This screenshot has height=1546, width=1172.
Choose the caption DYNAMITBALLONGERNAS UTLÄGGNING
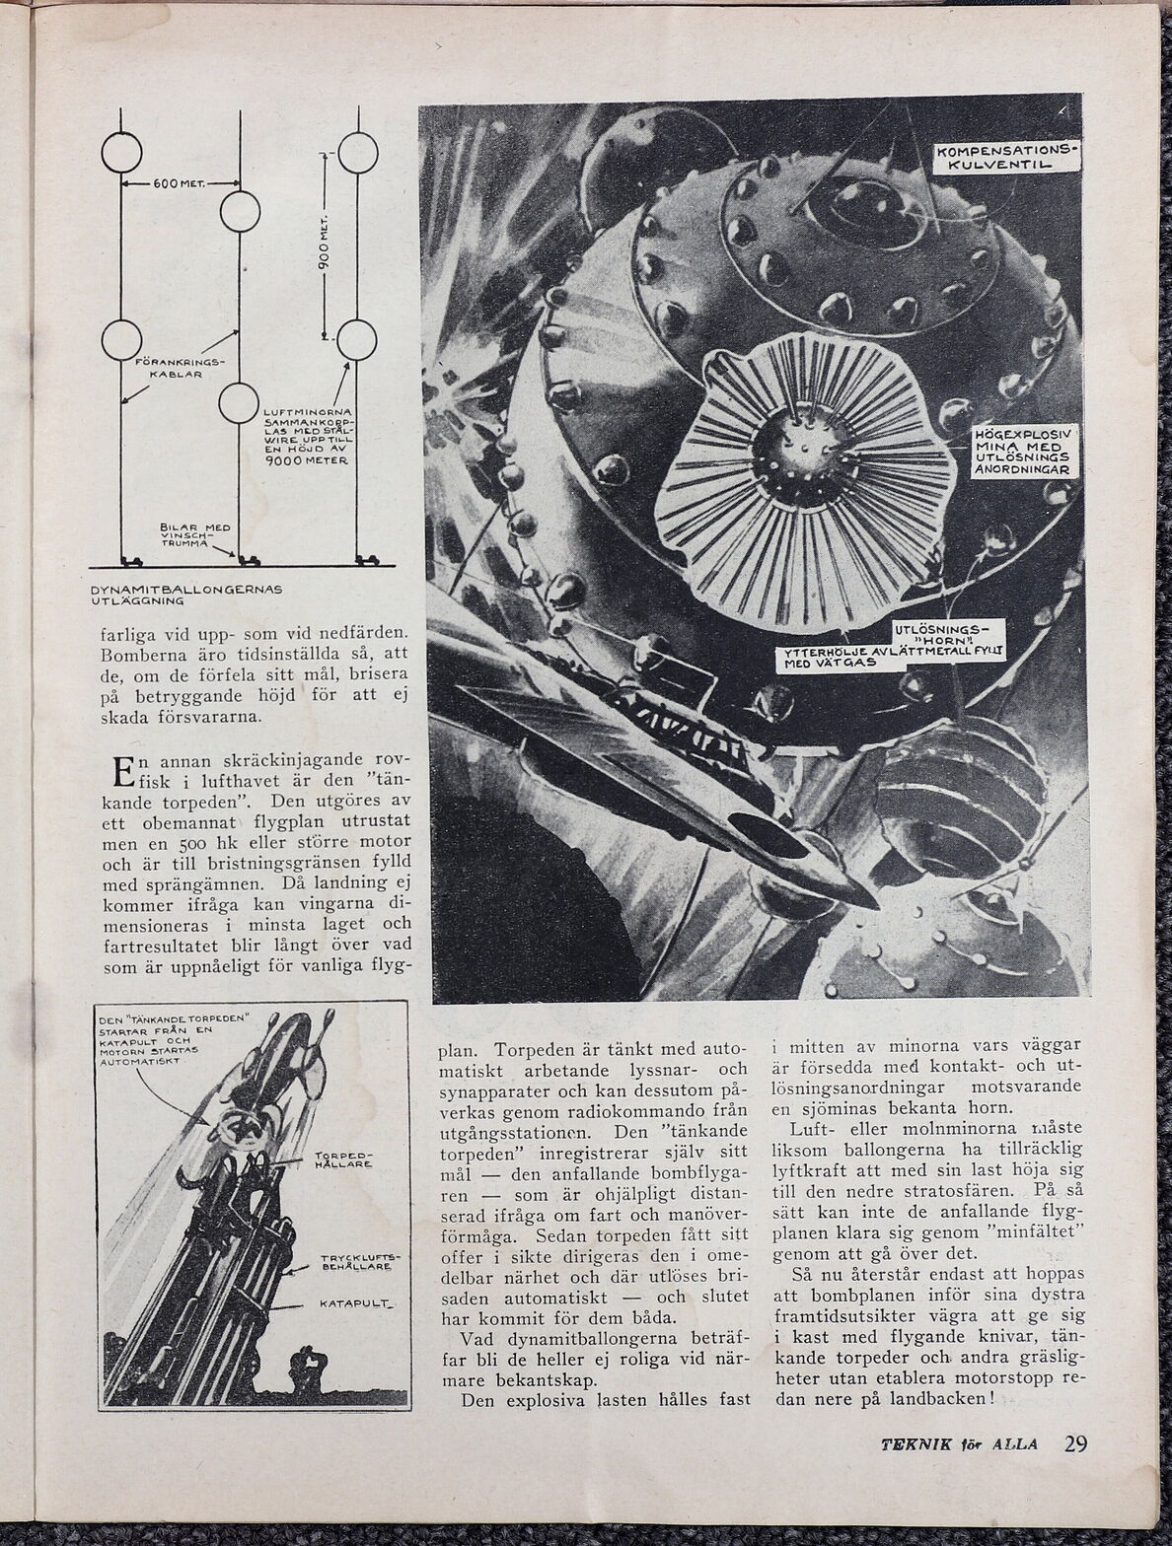(186, 595)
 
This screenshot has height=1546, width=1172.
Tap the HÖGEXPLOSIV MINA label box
(1019, 453)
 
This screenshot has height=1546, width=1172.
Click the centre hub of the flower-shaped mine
(803, 450)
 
